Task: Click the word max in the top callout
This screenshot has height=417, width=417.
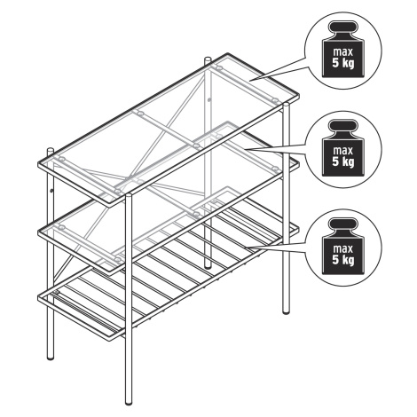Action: coord(343,52)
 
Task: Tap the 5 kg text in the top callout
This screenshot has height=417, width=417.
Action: coord(343,63)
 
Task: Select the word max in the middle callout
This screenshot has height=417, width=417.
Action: coord(343,151)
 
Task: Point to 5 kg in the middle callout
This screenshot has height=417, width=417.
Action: coord(343,161)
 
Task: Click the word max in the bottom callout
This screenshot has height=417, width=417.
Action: coord(343,248)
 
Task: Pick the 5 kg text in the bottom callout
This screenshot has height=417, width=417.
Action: coord(343,260)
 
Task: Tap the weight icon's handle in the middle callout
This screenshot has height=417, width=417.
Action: coord(343,125)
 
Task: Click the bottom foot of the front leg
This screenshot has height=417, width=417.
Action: coord(129,402)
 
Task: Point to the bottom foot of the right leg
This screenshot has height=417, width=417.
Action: coord(286,311)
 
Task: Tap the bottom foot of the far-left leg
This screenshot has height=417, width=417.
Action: coord(51,358)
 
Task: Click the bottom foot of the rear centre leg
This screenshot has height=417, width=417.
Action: coord(208,266)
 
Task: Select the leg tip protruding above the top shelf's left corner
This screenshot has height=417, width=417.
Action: coord(51,151)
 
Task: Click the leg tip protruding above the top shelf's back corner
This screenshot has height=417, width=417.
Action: coord(208,59)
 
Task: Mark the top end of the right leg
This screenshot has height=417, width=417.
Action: coord(286,105)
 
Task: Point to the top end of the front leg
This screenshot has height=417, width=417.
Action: coord(129,195)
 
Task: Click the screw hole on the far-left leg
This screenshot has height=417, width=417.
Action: coord(51,191)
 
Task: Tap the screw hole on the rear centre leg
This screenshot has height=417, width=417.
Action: coord(209,100)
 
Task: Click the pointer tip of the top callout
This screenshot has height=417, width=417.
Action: coord(249,80)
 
